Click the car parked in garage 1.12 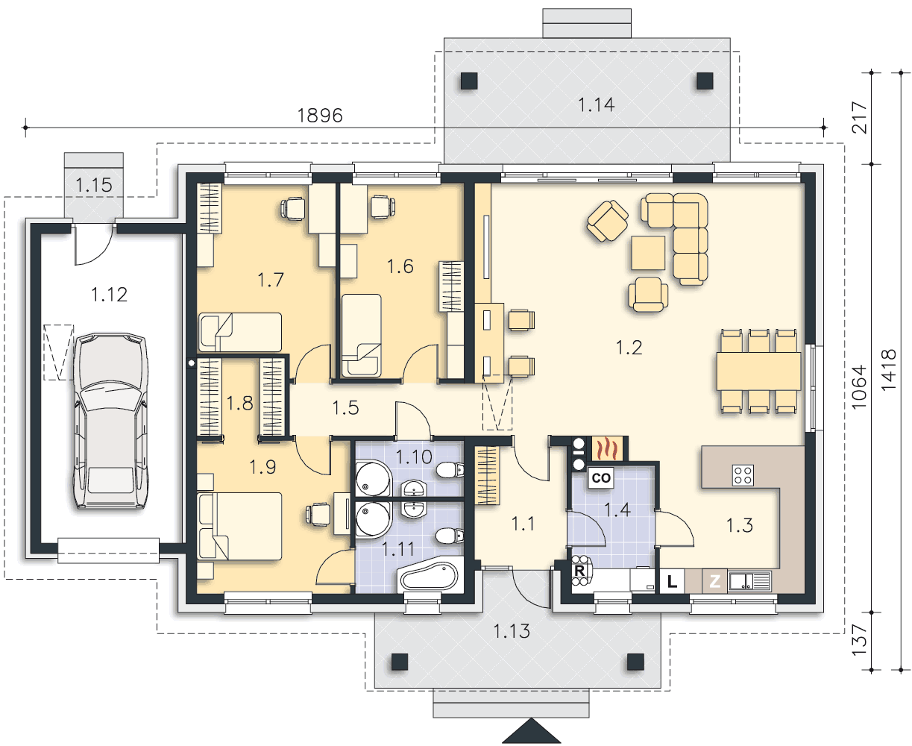pyautogui.click(x=110, y=421)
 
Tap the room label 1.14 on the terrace pyautogui.click(x=596, y=104)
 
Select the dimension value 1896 pyautogui.click(x=320, y=116)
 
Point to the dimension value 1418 pyautogui.click(x=889, y=370)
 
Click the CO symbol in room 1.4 pyautogui.click(x=600, y=478)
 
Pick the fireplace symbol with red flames pyautogui.click(x=606, y=449)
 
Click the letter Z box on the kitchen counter pyautogui.click(x=714, y=581)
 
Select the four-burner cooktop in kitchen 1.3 pyautogui.click(x=743, y=474)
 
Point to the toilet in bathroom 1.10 pyautogui.click(x=450, y=470)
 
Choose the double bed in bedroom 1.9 pyautogui.click(x=239, y=526)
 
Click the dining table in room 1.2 pyautogui.click(x=758, y=372)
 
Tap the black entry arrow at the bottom pyautogui.click(x=532, y=731)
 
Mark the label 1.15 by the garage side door pyautogui.click(x=94, y=185)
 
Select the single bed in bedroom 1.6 pyautogui.click(x=362, y=336)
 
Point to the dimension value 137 pyautogui.click(x=860, y=641)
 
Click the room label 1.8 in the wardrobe pyautogui.click(x=239, y=404)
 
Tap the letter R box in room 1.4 pyautogui.click(x=579, y=571)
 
